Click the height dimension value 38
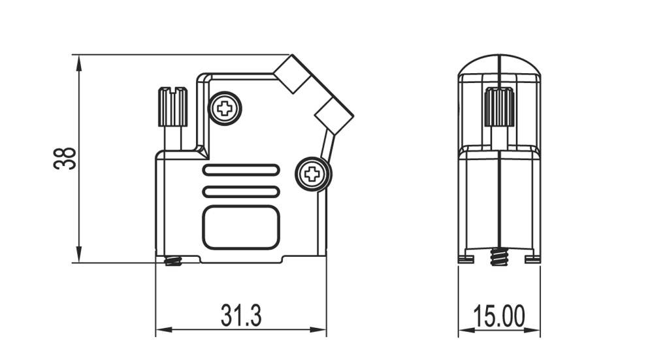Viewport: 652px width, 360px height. tap(65, 159)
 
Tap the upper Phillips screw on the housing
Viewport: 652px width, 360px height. tap(225, 108)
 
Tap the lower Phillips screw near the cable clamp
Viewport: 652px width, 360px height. tap(312, 174)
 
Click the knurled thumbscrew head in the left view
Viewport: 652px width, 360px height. tap(172, 106)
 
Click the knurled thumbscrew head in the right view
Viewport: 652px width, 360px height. tap(499, 107)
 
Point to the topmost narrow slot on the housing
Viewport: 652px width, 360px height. tap(241, 171)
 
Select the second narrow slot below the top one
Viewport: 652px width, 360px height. tap(241, 191)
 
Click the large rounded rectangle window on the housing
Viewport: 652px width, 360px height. tap(241, 227)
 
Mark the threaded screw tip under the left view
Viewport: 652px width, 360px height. tap(173, 261)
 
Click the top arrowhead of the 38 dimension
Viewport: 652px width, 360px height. tap(79, 61)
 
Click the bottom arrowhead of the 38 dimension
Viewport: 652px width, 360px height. tap(79, 256)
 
